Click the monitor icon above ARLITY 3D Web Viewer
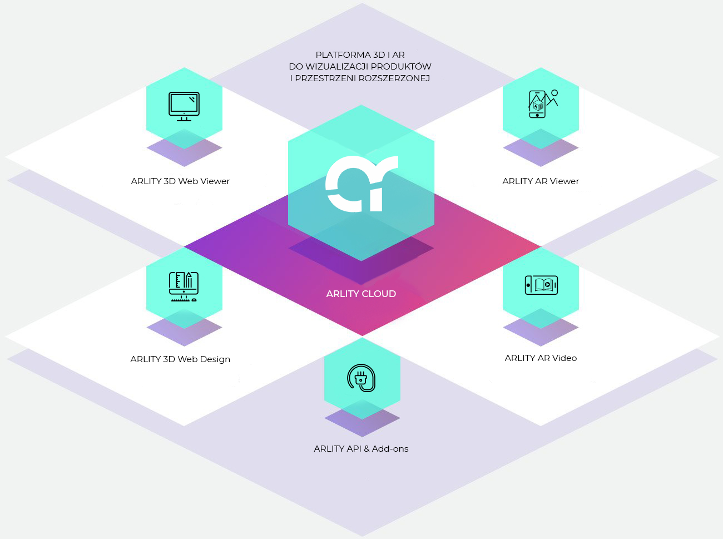(184, 106)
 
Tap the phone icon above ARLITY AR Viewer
(537, 104)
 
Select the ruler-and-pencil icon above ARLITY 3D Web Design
(184, 286)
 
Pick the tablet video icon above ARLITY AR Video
(541, 285)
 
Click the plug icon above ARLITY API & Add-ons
(361, 378)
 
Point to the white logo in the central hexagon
(361, 184)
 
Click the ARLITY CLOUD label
(361, 294)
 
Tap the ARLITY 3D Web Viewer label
(180, 181)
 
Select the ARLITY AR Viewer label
(541, 181)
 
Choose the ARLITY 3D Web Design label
(180, 359)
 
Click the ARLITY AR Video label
(541, 358)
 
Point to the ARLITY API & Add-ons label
(361, 449)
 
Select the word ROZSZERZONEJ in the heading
(394, 78)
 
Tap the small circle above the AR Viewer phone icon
(554, 93)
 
